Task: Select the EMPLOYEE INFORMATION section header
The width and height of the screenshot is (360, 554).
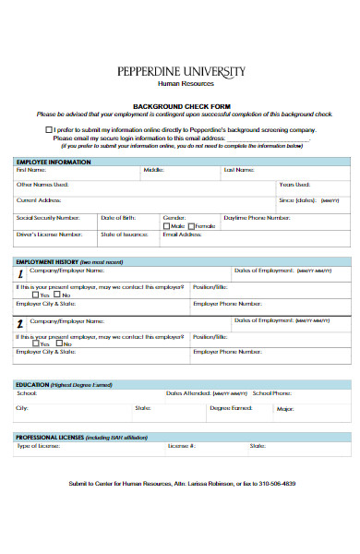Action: coord(54,162)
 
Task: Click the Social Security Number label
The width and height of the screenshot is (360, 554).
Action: coord(49,217)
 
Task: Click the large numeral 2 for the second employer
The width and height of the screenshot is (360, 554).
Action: coord(20,323)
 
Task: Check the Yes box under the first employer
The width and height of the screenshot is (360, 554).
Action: coord(35,295)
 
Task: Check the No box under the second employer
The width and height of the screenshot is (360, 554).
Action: coord(58,343)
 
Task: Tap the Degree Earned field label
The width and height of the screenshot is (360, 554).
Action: coord(231,407)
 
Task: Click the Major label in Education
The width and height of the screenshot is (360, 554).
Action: coord(285,408)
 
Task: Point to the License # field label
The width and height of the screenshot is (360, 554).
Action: coord(181,445)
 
